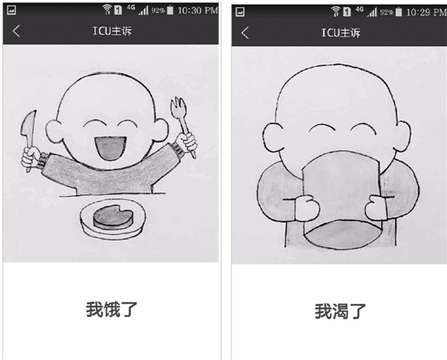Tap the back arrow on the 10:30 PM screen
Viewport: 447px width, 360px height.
tap(16, 31)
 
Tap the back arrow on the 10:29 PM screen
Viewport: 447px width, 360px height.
tap(245, 33)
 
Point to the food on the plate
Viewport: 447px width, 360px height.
tap(113, 217)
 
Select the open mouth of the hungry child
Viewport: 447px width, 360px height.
tap(111, 148)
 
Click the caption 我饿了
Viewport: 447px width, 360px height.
tap(112, 310)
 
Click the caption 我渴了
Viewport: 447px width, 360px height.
tap(341, 311)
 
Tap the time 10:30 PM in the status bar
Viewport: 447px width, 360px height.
tap(197, 11)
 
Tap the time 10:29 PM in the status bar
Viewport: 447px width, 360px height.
tap(426, 12)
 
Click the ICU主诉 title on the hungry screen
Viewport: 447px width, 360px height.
tap(112, 31)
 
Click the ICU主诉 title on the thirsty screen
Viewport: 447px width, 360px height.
tap(341, 33)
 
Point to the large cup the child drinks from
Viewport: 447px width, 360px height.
tap(342, 200)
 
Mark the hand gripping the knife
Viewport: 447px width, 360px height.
tap(31, 157)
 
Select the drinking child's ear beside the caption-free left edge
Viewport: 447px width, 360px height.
tap(273, 137)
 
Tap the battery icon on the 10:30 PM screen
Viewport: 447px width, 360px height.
tap(170, 11)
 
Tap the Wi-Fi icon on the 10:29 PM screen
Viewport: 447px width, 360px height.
tap(336, 11)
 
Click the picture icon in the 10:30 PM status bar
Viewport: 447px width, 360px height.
tap(11, 11)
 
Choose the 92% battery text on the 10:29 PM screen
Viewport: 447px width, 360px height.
tap(387, 12)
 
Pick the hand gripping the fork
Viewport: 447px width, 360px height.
tap(187, 141)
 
